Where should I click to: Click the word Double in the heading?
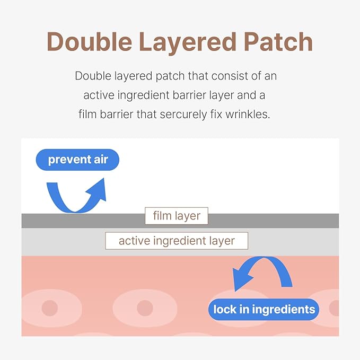point(90,41)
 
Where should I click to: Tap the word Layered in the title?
point(188,43)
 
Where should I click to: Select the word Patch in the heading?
point(278,41)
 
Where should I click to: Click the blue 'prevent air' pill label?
point(77,160)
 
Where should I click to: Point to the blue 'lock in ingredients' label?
point(264,309)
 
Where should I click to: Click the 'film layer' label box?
point(177,216)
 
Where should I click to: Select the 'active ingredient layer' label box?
point(177,241)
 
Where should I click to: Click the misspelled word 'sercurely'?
point(183,115)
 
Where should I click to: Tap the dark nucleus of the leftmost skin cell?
point(50,308)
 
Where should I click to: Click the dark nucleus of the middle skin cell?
point(145,308)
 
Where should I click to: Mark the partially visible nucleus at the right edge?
point(334,308)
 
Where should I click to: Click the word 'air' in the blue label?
point(101,160)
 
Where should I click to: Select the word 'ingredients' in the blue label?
point(284,310)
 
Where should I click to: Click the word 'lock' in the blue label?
point(222,309)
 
